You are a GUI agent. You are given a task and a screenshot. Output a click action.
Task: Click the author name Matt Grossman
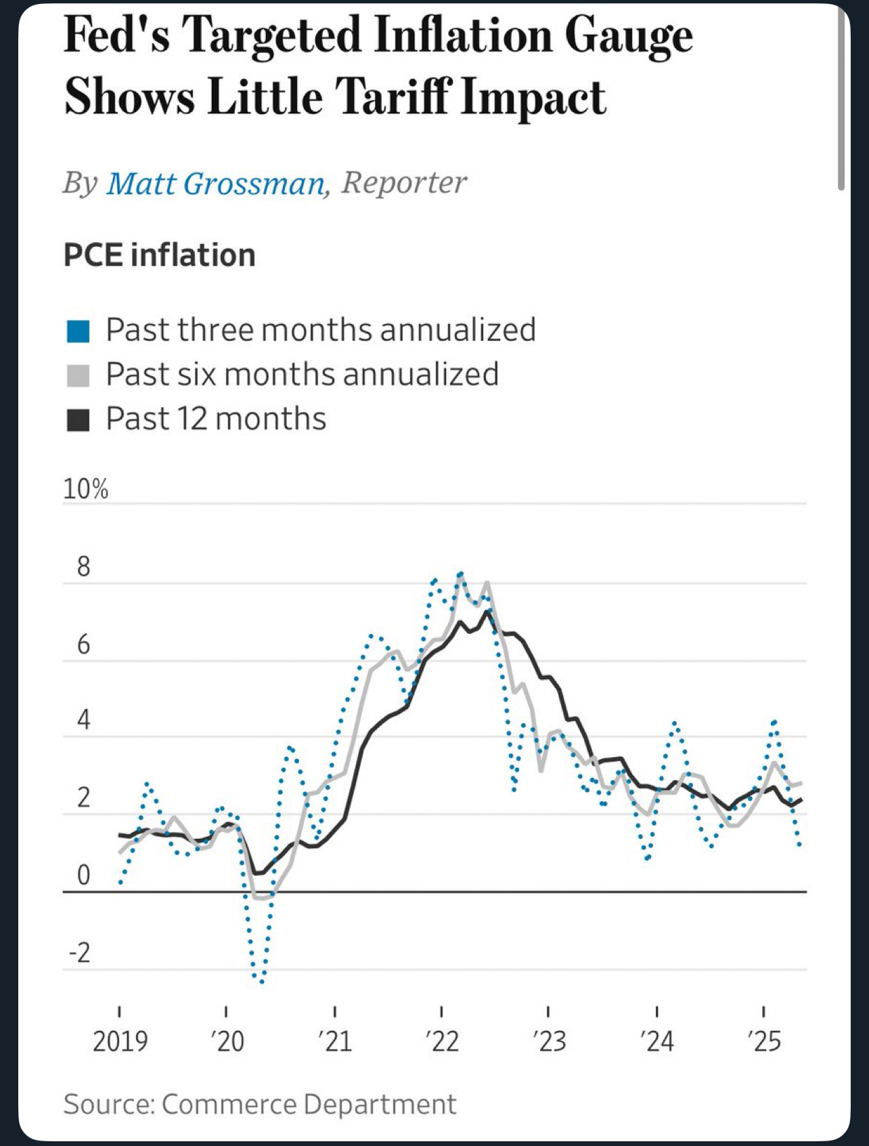(x=215, y=183)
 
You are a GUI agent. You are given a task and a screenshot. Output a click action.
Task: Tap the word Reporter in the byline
(x=404, y=183)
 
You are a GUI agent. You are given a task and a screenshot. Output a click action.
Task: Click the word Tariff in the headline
(x=393, y=97)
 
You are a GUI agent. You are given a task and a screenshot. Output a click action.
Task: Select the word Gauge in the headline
(x=629, y=37)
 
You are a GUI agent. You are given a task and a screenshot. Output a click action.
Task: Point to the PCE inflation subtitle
(x=159, y=255)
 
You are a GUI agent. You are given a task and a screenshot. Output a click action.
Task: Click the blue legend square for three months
(x=79, y=331)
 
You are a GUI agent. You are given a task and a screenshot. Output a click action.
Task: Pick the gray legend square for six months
(x=79, y=375)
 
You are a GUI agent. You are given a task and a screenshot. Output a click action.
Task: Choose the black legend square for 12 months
(x=79, y=419)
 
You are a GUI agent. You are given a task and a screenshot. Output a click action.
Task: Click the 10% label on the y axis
(x=85, y=488)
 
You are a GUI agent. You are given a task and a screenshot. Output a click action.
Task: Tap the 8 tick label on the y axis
(x=83, y=567)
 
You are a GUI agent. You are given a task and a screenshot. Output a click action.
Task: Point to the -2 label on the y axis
(x=79, y=953)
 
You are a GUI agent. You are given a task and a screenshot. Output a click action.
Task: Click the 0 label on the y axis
(x=83, y=875)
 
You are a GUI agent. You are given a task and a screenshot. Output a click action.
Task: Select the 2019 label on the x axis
(x=120, y=1040)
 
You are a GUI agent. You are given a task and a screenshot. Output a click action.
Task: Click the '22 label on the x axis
(x=442, y=1040)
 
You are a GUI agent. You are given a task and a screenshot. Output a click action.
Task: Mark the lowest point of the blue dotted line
(x=261, y=982)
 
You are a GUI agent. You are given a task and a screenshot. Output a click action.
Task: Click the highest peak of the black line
(x=487, y=612)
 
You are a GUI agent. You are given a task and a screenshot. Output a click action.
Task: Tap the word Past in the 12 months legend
(x=136, y=419)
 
